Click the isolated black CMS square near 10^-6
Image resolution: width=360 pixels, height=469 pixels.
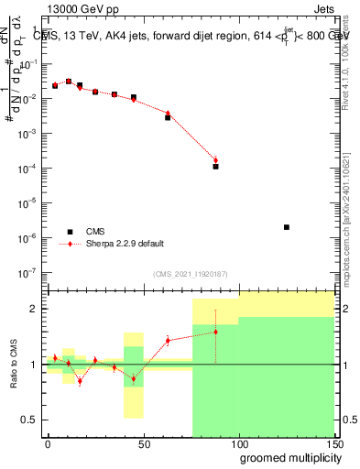click(287, 227)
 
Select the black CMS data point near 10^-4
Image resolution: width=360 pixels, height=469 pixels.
click(215, 167)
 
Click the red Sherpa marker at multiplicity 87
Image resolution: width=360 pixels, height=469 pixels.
click(215, 160)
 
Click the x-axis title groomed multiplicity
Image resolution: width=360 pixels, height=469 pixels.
click(286, 457)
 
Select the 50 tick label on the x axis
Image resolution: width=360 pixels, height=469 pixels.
click(143, 442)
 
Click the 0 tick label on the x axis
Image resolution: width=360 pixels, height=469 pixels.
click(48, 442)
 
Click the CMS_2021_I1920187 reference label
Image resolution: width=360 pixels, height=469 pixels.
click(191, 274)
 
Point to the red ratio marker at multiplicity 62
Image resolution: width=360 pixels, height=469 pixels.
click(168, 341)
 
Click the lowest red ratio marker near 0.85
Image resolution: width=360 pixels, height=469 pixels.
click(80, 381)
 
